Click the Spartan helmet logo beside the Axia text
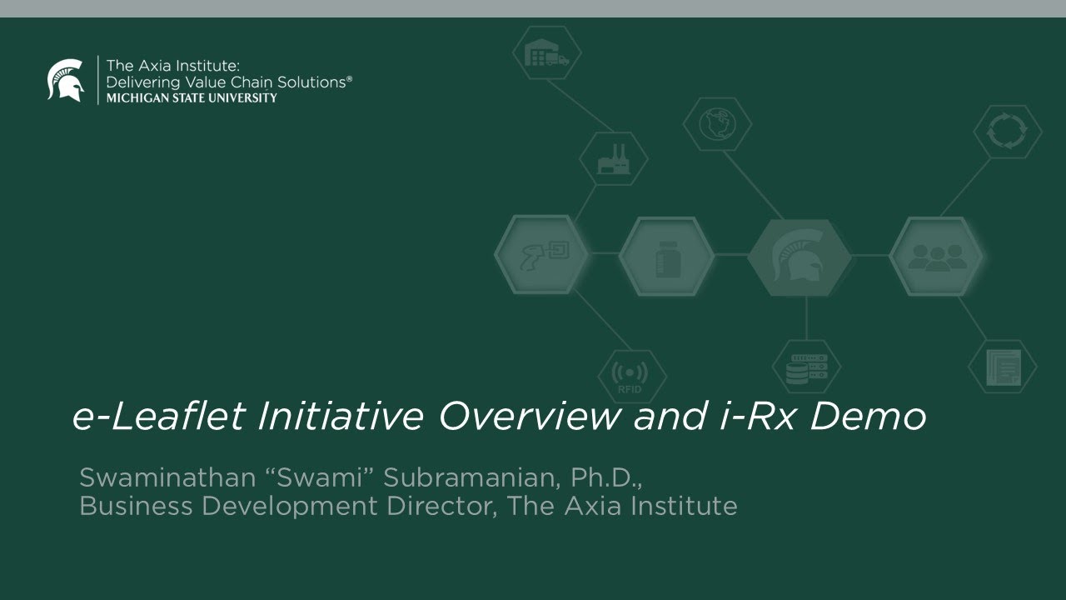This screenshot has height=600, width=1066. [66, 80]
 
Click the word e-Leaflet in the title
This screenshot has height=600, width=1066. [158, 416]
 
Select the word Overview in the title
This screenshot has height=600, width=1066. [530, 416]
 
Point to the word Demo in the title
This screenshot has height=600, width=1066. [867, 416]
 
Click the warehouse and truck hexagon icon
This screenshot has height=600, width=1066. [546, 53]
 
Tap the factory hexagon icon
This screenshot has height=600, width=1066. [614, 158]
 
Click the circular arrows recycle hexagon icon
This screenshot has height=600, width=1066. [1007, 131]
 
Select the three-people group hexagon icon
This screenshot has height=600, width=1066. [935, 257]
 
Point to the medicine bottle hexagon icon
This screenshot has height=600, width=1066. [667, 257]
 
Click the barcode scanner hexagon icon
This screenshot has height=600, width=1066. [542, 255]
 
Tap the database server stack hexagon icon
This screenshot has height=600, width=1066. [806, 367]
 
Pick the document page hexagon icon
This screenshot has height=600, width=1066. [1003, 367]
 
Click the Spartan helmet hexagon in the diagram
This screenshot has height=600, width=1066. [799, 257]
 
